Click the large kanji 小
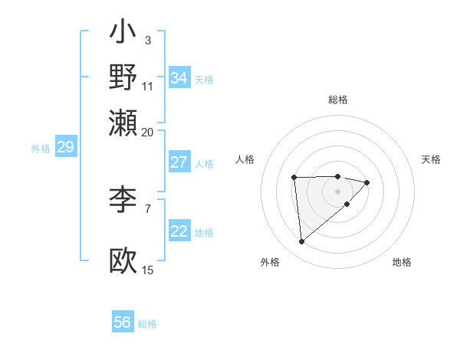pyautogui.click(x=123, y=34)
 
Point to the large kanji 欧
pyautogui.click(x=123, y=260)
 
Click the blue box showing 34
pyautogui.click(x=179, y=78)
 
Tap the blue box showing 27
pyautogui.click(x=179, y=162)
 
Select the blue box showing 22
pyautogui.click(x=179, y=232)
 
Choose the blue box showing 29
pyautogui.click(x=65, y=147)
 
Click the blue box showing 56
pyautogui.click(x=123, y=322)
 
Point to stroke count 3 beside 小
pyautogui.click(x=147, y=40)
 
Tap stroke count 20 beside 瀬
pyautogui.click(x=147, y=131)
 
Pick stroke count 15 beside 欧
pyautogui.click(x=147, y=270)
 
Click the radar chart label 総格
pyautogui.click(x=337, y=100)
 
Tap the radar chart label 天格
pyautogui.click(x=431, y=159)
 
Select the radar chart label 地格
pyautogui.click(x=402, y=262)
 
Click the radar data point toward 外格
pyautogui.click(x=302, y=242)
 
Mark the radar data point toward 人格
pyautogui.click(x=294, y=178)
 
